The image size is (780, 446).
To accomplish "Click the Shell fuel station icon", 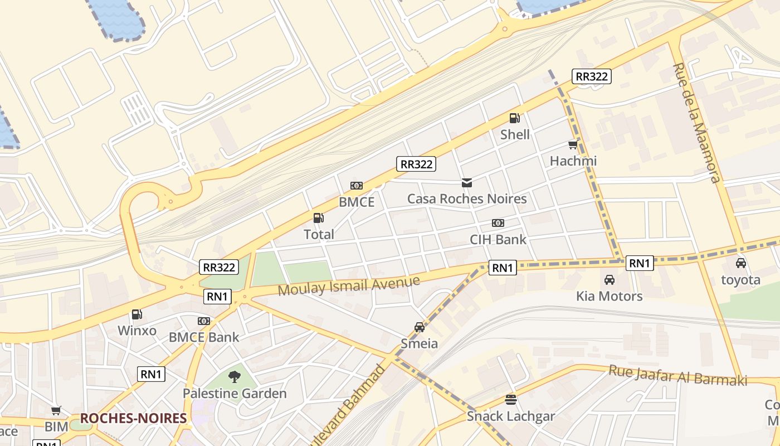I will (514, 118).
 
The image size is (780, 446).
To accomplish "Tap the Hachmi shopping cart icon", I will (573, 145).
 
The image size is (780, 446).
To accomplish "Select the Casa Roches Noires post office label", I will (466, 198).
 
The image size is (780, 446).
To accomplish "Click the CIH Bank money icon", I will (498, 223).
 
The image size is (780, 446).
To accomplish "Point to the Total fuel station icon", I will (318, 218).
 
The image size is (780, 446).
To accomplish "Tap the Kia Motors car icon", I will (610, 280).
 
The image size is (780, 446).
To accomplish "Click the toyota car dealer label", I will (740, 280).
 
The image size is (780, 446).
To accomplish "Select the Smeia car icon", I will (420, 327).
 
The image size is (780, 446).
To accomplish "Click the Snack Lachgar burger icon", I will (511, 399).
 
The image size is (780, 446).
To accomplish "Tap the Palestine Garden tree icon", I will (235, 377).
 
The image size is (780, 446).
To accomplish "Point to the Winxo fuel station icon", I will (136, 314).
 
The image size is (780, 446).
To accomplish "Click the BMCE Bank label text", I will (204, 337).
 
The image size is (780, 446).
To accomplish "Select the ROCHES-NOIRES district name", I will (133, 418).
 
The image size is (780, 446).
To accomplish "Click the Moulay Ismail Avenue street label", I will (349, 285).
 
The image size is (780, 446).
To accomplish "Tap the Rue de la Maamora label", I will (696, 123).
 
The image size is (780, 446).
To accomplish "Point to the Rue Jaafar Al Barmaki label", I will (677, 375).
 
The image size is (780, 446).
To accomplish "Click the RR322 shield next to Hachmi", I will (591, 76).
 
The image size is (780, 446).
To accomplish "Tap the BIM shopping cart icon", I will (56, 411).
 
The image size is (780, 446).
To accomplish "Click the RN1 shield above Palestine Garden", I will (151, 374).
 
